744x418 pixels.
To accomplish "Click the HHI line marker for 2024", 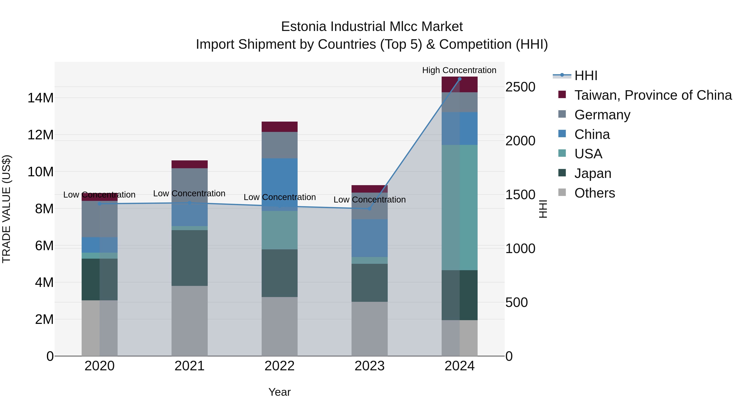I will [459, 79].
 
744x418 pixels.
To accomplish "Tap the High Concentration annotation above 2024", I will [459, 70].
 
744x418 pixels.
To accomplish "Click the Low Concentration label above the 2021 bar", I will [189, 194].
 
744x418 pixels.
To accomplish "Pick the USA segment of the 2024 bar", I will [459, 207].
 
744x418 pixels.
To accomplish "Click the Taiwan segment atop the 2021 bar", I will [190, 164].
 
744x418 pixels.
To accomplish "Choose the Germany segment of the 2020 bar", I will [100, 219].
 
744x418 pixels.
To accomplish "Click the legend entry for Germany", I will [602, 115].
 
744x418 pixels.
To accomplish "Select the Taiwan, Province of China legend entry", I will [653, 95].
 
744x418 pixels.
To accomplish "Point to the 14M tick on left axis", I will [41, 98].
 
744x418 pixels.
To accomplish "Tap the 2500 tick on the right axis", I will [520, 87].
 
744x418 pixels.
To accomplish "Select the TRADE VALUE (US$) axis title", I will [6, 209].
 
